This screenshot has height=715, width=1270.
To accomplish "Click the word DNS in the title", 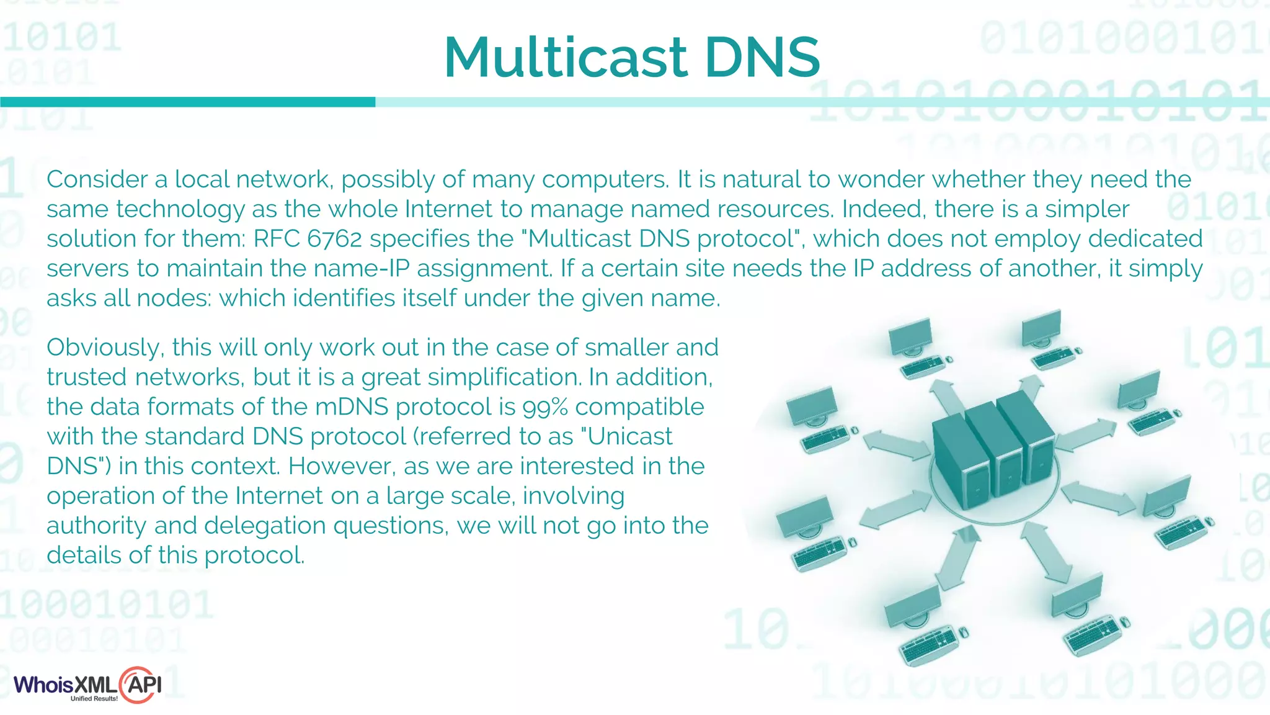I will pos(762,57).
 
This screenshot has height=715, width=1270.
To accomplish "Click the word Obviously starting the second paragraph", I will pos(105,348).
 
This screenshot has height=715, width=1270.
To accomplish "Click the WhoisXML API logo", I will pos(87,685).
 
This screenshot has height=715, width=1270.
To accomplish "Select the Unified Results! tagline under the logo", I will pos(94,699).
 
